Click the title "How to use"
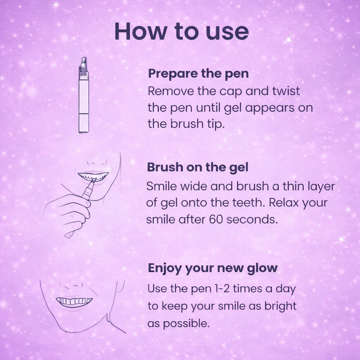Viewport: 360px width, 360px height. coord(182,31)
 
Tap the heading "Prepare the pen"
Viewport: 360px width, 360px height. coord(198,74)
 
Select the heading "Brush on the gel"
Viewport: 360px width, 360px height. coord(198,167)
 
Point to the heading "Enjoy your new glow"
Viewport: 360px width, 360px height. coord(213,268)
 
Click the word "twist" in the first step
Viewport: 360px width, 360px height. coord(286,91)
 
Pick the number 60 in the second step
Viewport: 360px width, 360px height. coord(216,219)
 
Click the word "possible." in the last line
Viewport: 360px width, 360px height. coord(179,324)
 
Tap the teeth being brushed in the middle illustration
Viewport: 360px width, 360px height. coord(93,176)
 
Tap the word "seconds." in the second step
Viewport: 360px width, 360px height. coord(252,219)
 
